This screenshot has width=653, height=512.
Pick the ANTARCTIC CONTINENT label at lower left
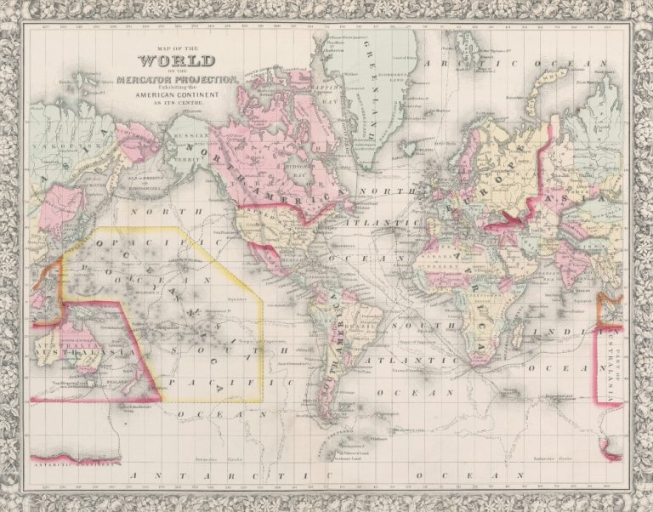coord(71,467)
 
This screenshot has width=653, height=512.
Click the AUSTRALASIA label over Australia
coord(64,349)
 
